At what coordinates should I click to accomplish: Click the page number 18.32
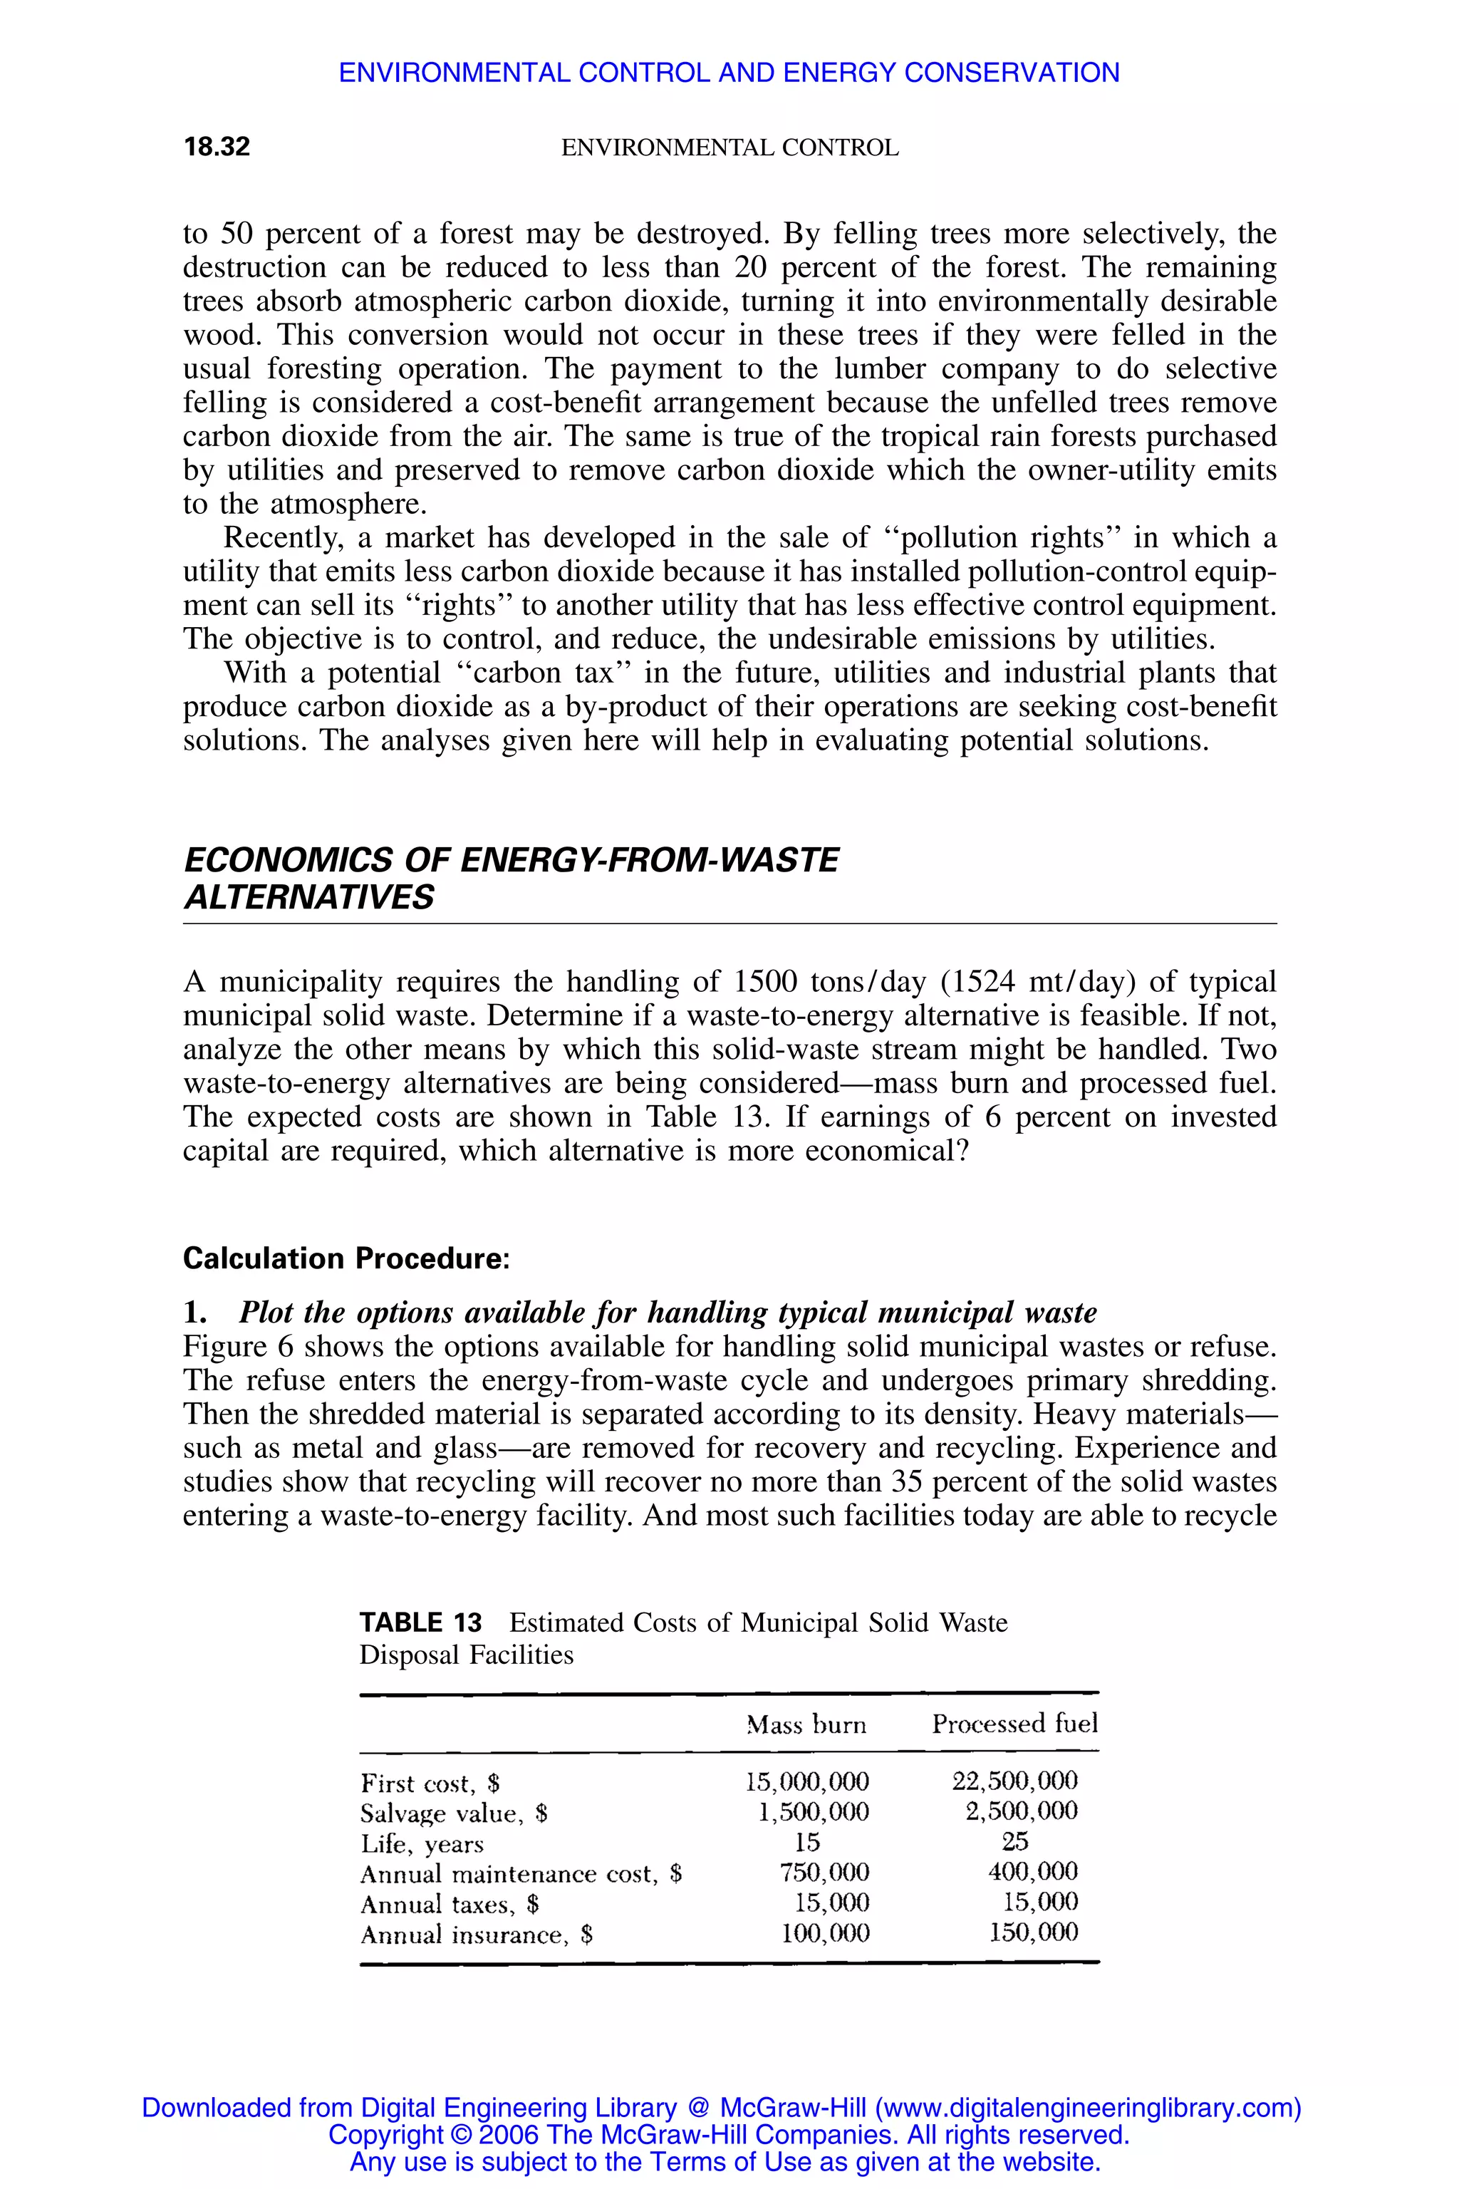click(217, 147)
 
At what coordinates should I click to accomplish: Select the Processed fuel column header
click(1014, 1724)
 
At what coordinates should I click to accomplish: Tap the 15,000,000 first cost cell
click(806, 1781)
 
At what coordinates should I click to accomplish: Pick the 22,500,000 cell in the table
click(1014, 1781)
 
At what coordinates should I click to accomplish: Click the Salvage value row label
click(453, 1813)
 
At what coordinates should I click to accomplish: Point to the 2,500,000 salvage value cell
click(1021, 1811)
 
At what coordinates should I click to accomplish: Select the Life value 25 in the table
click(1015, 1841)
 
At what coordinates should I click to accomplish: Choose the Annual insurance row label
click(477, 1935)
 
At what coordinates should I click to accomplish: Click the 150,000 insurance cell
click(1033, 1932)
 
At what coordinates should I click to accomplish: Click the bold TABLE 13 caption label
click(420, 1623)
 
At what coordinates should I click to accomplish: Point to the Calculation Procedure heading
click(346, 1258)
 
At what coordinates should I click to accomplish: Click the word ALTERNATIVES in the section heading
click(309, 897)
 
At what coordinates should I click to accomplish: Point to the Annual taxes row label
click(450, 1904)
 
